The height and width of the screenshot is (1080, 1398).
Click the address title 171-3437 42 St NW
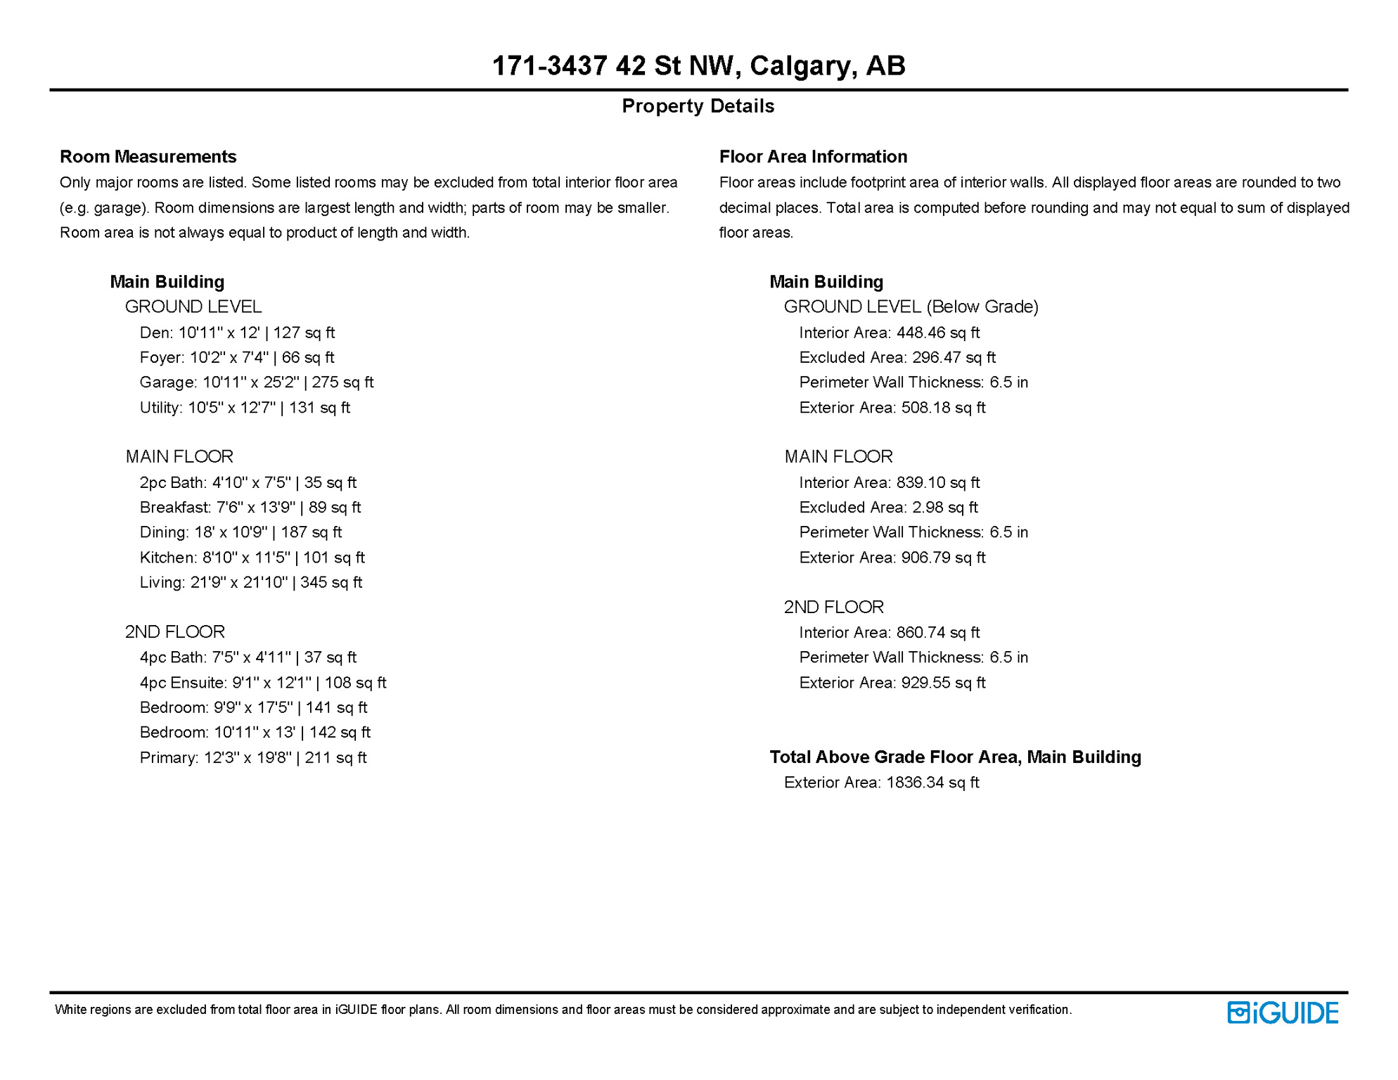[x=698, y=66]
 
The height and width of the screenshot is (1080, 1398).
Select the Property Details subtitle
[x=698, y=106]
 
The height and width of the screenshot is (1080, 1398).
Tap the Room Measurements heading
[x=148, y=157]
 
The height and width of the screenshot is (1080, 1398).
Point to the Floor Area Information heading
[x=813, y=157]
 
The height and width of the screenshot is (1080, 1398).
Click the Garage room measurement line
[x=256, y=382]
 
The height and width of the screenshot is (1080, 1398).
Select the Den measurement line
[x=237, y=333]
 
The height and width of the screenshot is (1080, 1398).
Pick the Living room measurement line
[x=250, y=582]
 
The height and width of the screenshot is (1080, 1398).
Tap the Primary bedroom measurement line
[x=252, y=757]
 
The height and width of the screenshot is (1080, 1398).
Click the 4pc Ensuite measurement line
[x=262, y=683]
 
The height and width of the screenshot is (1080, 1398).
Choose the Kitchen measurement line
[x=252, y=558]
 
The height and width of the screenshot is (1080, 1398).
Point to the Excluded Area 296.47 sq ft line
[x=897, y=358]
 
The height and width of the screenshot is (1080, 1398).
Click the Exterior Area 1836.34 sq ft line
[x=881, y=783]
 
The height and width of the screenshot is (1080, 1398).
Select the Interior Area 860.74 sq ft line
[x=889, y=633]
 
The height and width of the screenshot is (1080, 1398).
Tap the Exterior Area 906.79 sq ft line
[x=892, y=558]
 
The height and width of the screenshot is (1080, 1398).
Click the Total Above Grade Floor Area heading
[x=955, y=757]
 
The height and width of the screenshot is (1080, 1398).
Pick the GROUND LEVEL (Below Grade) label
[x=911, y=307]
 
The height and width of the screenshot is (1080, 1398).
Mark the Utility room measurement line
[x=244, y=408]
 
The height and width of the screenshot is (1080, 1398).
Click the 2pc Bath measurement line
[x=248, y=483]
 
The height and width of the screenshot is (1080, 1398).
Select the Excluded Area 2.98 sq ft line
[x=888, y=508]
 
